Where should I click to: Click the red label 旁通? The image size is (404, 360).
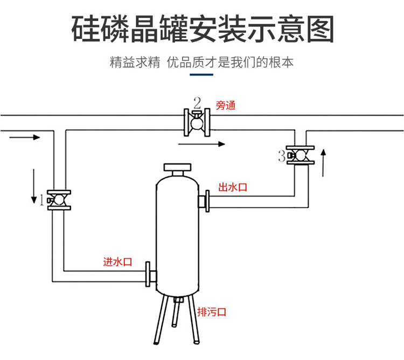226,106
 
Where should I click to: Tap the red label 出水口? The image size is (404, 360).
233,187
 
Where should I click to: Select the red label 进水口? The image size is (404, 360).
118,262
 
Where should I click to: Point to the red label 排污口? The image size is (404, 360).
212,311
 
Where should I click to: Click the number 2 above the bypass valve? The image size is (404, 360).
197,102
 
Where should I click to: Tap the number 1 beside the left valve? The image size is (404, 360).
41,201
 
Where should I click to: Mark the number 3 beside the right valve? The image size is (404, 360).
281,157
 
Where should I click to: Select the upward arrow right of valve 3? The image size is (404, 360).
323,163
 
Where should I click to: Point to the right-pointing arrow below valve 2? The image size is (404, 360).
202,144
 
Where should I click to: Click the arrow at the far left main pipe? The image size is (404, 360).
25,137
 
